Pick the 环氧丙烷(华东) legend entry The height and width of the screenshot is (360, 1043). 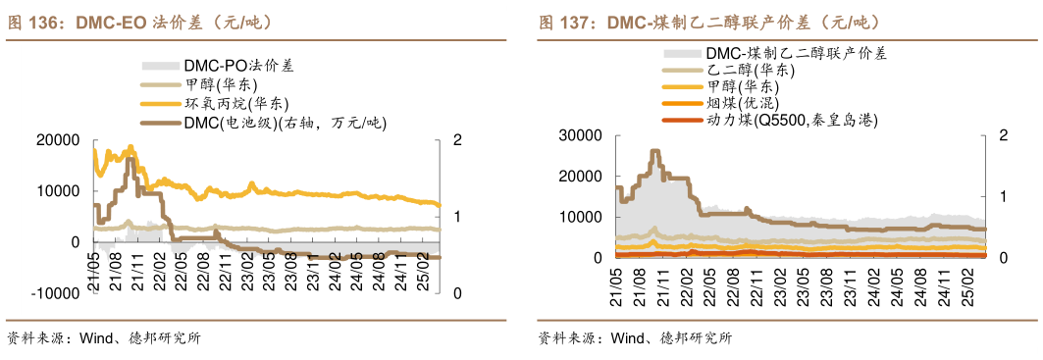(235, 103)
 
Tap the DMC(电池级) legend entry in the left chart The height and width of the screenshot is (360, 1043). (285, 123)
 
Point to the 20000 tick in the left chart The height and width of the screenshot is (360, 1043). (59, 140)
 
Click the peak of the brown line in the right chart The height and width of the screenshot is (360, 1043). (654, 152)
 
